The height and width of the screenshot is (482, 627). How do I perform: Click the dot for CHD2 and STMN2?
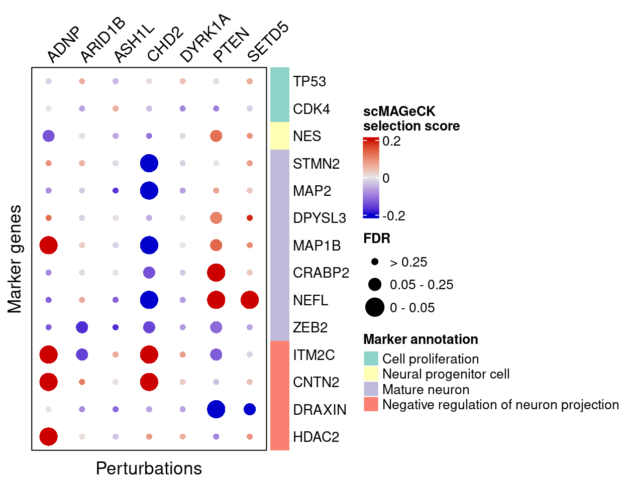(x=149, y=163)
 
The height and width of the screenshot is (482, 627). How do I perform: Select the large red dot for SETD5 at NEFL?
(x=250, y=300)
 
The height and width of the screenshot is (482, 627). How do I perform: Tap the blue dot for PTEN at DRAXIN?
(x=216, y=409)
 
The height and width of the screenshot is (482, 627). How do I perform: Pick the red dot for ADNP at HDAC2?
(x=48, y=436)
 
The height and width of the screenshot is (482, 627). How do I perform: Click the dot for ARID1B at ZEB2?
(x=82, y=327)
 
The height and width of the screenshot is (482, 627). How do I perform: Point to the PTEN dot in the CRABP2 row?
(x=216, y=273)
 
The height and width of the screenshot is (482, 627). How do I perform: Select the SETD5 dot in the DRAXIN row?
(x=250, y=409)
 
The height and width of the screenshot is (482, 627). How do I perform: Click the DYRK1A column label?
(x=203, y=39)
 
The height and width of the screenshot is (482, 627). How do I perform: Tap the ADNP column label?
(x=64, y=45)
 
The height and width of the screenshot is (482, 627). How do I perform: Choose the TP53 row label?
(x=309, y=81)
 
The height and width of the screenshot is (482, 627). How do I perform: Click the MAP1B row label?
(x=317, y=246)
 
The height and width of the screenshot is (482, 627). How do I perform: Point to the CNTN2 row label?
(x=316, y=382)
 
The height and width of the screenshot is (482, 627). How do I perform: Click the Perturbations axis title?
(x=149, y=468)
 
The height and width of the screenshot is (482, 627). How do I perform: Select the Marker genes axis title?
(x=15, y=259)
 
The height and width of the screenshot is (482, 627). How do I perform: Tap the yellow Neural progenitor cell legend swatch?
(x=371, y=374)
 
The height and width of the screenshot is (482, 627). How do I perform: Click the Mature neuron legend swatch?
(x=371, y=389)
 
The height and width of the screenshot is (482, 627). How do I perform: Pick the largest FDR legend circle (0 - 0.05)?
(x=375, y=307)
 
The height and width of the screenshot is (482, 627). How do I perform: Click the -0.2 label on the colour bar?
(x=394, y=216)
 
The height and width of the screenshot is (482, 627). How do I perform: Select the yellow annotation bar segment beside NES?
(x=280, y=136)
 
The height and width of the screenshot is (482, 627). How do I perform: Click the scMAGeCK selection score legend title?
(x=411, y=118)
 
